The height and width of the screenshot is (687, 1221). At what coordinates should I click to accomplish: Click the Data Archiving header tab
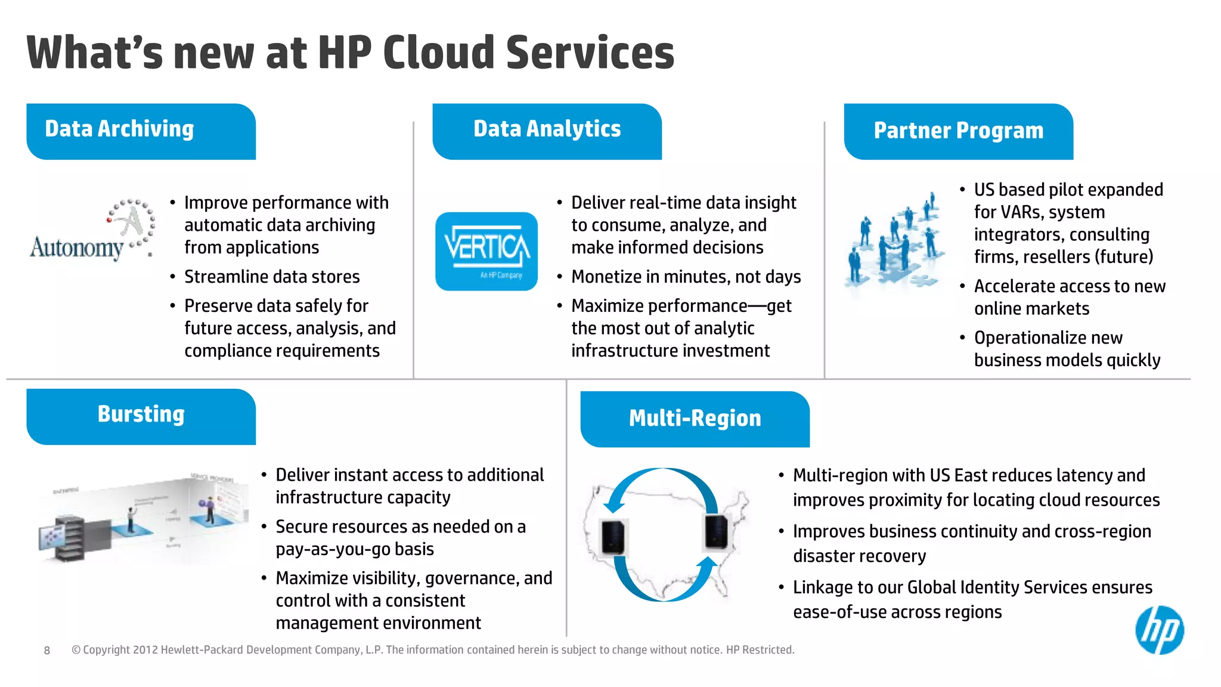(141, 131)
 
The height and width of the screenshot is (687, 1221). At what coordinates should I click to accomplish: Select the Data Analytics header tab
(547, 131)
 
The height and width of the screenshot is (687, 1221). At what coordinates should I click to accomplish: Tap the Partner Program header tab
(958, 132)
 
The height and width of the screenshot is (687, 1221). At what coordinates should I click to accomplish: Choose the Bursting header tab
(141, 416)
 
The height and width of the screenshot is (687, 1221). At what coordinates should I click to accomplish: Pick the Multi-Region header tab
(695, 419)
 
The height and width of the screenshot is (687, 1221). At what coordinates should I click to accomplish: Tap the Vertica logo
(486, 251)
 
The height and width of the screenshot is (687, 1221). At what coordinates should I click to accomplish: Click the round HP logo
(1159, 630)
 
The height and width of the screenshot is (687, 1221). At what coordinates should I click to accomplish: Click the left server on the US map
(613, 536)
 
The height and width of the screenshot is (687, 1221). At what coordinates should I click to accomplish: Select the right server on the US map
(716, 531)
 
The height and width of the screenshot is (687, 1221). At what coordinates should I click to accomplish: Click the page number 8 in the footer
(47, 651)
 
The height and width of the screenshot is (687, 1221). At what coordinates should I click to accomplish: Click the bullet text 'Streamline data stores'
(272, 277)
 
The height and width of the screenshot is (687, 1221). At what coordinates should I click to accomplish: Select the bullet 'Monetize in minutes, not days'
(686, 277)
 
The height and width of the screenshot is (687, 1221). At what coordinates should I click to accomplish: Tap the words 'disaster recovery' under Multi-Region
(859, 556)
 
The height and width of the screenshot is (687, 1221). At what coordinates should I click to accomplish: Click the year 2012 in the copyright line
(145, 650)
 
